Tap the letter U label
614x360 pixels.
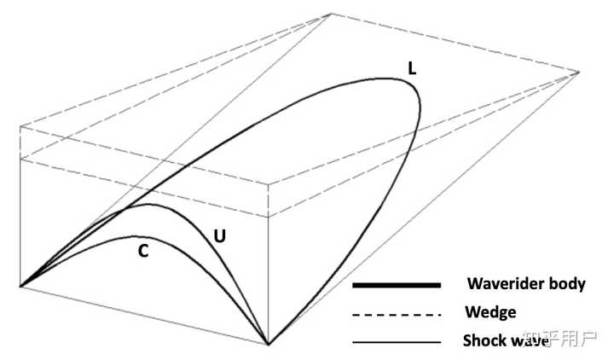pos(219,234)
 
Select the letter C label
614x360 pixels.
pos(142,252)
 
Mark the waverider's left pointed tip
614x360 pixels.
pos(20,286)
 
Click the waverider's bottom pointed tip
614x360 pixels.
pos(269,345)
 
